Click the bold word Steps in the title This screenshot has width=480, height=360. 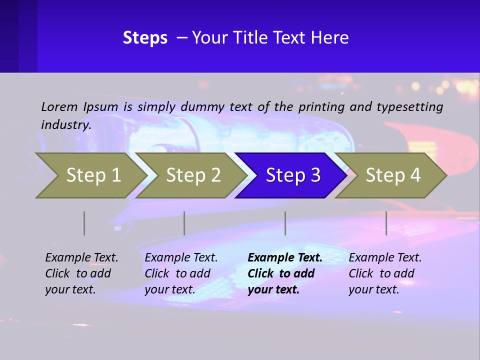point(145,38)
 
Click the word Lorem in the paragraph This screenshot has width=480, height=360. point(59,106)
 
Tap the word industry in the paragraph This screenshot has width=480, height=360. point(65,124)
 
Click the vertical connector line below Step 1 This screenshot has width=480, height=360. point(84,223)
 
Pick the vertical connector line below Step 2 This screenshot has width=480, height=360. point(184,223)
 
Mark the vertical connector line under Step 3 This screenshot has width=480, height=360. point(285,223)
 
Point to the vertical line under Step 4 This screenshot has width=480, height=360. point(386,223)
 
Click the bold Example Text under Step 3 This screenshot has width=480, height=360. point(285,257)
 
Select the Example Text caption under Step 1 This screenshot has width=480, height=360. point(81,257)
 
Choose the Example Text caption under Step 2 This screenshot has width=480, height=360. point(181,257)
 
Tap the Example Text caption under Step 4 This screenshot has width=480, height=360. point(385,257)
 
